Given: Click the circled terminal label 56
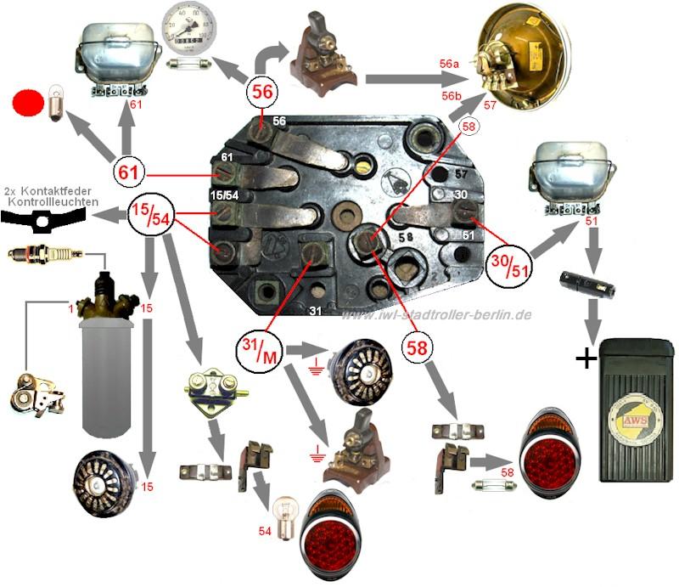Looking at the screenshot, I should pos(262,91).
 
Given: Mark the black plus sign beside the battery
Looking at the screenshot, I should pos(585,358).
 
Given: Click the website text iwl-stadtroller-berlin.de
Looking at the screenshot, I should pos(436,314).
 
